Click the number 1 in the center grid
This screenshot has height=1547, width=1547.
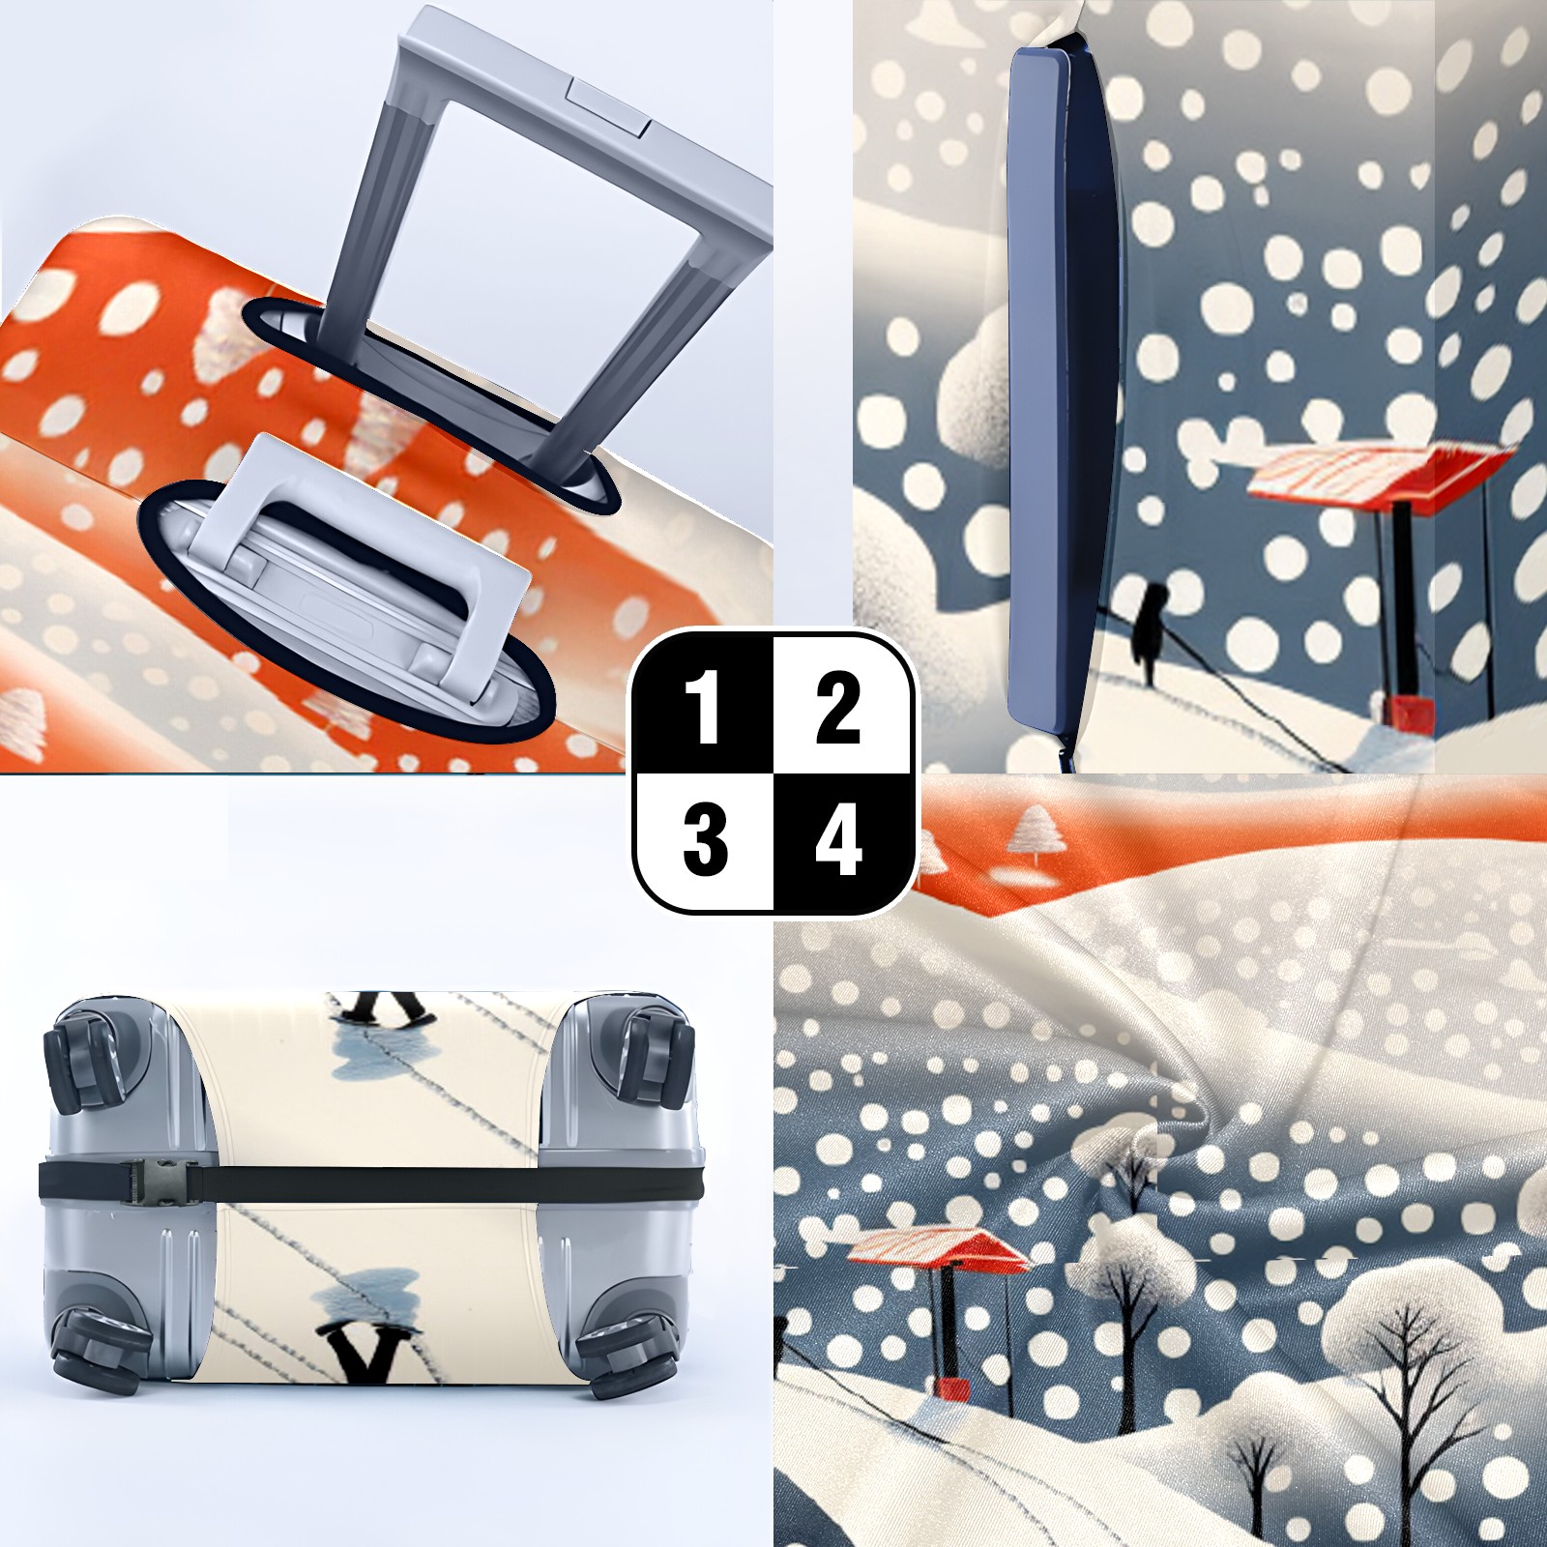(x=703, y=711)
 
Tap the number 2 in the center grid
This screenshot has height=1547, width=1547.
(x=837, y=711)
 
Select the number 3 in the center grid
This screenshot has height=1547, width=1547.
(x=705, y=840)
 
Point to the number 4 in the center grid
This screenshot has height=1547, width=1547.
(x=838, y=840)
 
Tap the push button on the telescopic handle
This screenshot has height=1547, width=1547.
(x=609, y=105)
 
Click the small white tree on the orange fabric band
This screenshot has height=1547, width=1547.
(x=1037, y=833)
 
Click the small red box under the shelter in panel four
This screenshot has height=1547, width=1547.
(x=950, y=1388)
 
